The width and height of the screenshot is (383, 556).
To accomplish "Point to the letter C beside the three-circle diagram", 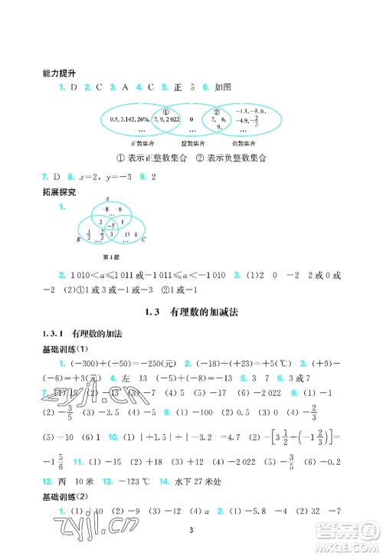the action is click(x=143, y=240).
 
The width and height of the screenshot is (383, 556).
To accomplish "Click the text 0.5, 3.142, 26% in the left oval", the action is click(x=127, y=119).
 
